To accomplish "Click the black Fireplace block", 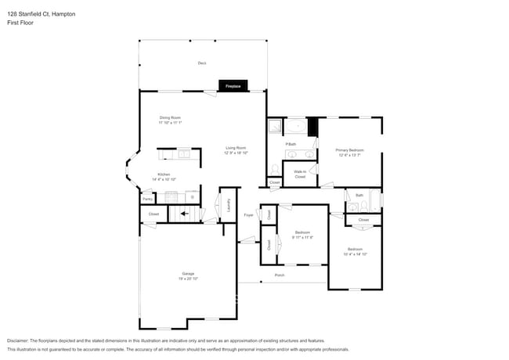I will pyautogui.click(x=233, y=86).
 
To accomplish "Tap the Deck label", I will pyautogui.click(x=201, y=63).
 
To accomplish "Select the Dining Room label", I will pyautogui.click(x=170, y=117).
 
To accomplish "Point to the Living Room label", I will pyautogui.click(x=236, y=148).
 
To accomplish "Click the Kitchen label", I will pyautogui.click(x=164, y=175).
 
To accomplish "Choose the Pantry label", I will pyautogui.click(x=147, y=199).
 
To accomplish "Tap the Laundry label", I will pyautogui.click(x=228, y=205).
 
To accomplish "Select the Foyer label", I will pyautogui.click(x=248, y=214).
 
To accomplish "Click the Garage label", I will pyautogui.click(x=188, y=273).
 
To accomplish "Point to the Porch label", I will pyautogui.click(x=279, y=275).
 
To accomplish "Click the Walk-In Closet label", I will pyautogui.click(x=300, y=174).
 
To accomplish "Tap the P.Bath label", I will pyautogui.click(x=291, y=144).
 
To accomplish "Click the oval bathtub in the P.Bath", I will pyautogui.click(x=295, y=126).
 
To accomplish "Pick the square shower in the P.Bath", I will pyautogui.click(x=275, y=126).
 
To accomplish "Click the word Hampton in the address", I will pyautogui.click(x=61, y=13).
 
